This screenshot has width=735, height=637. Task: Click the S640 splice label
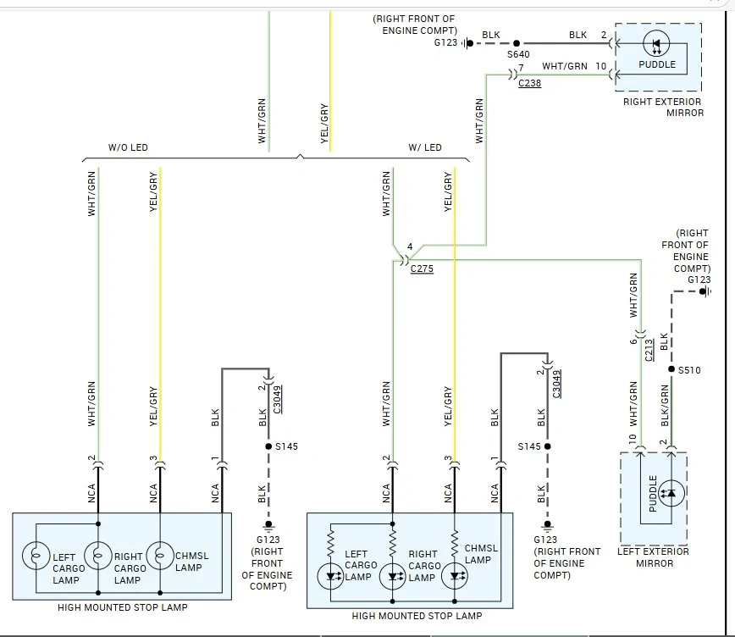(x=518, y=54)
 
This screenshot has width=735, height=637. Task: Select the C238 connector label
(x=530, y=83)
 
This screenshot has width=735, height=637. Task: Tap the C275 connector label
(x=422, y=269)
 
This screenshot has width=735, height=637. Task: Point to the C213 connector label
(x=649, y=350)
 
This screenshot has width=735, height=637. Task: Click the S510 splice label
(x=689, y=370)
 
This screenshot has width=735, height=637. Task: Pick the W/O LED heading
(x=128, y=147)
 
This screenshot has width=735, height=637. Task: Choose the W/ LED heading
(x=425, y=147)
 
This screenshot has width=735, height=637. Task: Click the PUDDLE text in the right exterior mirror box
(x=657, y=64)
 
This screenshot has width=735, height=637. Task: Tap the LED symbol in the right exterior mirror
(x=656, y=43)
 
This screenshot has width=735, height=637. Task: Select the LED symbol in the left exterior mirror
(x=671, y=493)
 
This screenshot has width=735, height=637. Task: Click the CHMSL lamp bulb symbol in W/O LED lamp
(x=160, y=556)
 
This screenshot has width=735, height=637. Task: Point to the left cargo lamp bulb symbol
(x=36, y=556)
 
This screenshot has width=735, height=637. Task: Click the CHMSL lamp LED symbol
(x=454, y=575)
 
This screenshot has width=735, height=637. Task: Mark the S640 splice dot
(x=517, y=43)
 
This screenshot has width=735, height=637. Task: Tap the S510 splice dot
(x=671, y=369)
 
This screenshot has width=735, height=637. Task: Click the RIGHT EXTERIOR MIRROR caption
(x=663, y=108)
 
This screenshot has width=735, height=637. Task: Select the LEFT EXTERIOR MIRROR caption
(x=654, y=557)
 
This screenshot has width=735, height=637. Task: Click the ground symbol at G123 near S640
(x=467, y=43)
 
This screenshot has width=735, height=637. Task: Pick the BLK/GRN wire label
(x=665, y=406)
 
